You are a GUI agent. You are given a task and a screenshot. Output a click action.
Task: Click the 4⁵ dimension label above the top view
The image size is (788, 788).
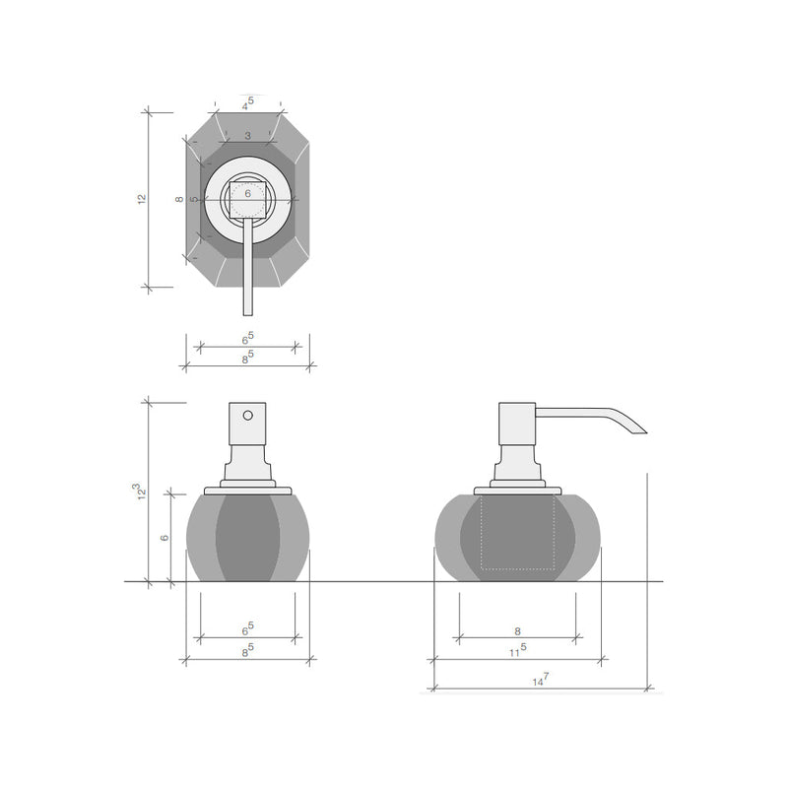(x=247, y=102)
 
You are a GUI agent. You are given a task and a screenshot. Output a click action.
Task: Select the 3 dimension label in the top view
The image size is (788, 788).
(x=247, y=135)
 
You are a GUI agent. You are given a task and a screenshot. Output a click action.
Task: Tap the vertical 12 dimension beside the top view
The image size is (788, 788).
(x=142, y=199)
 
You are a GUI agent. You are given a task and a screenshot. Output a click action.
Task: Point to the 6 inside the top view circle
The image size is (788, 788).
(x=247, y=195)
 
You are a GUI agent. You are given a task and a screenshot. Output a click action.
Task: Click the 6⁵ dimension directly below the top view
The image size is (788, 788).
(x=247, y=340)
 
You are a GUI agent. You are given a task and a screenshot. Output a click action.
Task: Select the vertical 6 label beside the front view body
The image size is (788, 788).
(x=164, y=537)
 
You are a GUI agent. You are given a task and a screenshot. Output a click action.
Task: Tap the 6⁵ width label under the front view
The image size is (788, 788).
(x=247, y=627)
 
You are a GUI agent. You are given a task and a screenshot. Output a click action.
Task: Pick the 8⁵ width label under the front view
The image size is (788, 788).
(x=247, y=649)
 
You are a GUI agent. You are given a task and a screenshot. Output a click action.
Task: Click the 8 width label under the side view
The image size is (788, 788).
(x=517, y=630)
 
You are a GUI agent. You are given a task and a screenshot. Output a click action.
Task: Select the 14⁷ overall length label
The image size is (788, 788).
(x=539, y=680)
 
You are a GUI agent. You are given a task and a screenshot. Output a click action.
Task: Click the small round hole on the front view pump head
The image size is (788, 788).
(x=247, y=416)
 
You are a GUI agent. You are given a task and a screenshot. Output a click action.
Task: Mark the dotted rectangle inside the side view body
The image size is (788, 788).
(x=517, y=534)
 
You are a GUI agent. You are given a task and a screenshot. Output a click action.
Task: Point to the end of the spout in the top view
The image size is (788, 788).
(x=247, y=307)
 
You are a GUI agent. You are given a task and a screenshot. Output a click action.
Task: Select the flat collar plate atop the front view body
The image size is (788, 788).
(x=247, y=489)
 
